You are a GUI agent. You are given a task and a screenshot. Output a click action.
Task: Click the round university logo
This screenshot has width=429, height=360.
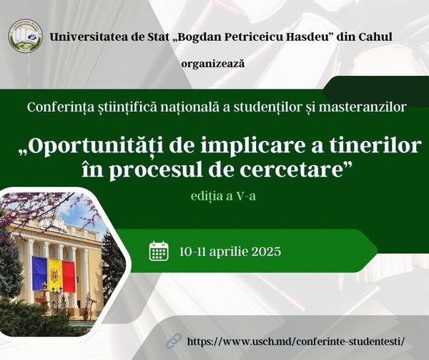coord(26,36)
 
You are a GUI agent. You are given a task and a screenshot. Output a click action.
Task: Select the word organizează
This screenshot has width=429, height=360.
coord(213,64)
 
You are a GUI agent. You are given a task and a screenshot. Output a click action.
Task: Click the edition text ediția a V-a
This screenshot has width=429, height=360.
coord(223,196)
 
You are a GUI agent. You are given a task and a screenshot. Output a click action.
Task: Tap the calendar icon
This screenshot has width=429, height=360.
coord(159,250)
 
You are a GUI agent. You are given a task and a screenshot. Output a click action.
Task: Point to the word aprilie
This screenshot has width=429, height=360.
coord(228,252)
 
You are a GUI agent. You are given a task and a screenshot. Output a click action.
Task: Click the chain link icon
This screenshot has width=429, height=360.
coord(174,341)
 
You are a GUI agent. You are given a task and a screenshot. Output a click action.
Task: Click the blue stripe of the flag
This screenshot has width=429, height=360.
coord(40,273)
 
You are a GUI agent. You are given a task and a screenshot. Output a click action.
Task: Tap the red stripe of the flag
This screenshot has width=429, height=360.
coord(69,276)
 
